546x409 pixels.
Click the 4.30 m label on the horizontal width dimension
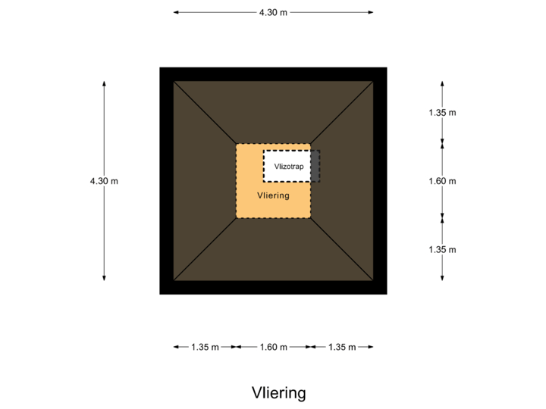click(x=273, y=13)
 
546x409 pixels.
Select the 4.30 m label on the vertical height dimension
click(x=105, y=181)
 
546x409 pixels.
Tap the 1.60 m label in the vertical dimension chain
click(x=442, y=181)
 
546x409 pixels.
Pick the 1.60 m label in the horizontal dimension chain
click(x=273, y=347)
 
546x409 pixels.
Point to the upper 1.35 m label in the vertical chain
click(x=442, y=113)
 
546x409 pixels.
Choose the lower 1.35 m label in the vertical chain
click(x=442, y=249)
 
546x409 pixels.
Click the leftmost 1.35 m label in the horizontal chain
click(x=205, y=347)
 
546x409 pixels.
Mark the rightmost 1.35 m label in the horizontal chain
click(x=341, y=347)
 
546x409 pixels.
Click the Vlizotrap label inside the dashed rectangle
click(x=289, y=166)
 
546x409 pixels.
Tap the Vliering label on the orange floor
click(x=273, y=195)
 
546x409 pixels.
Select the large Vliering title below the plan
click(x=278, y=393)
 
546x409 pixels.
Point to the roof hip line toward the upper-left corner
click(x=205, y=113)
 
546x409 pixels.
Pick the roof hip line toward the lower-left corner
click(x=205, y=249)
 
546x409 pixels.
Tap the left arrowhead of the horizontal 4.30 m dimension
click(x=175, y=13)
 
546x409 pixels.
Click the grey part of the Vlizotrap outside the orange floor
click(x=315, y=166)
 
